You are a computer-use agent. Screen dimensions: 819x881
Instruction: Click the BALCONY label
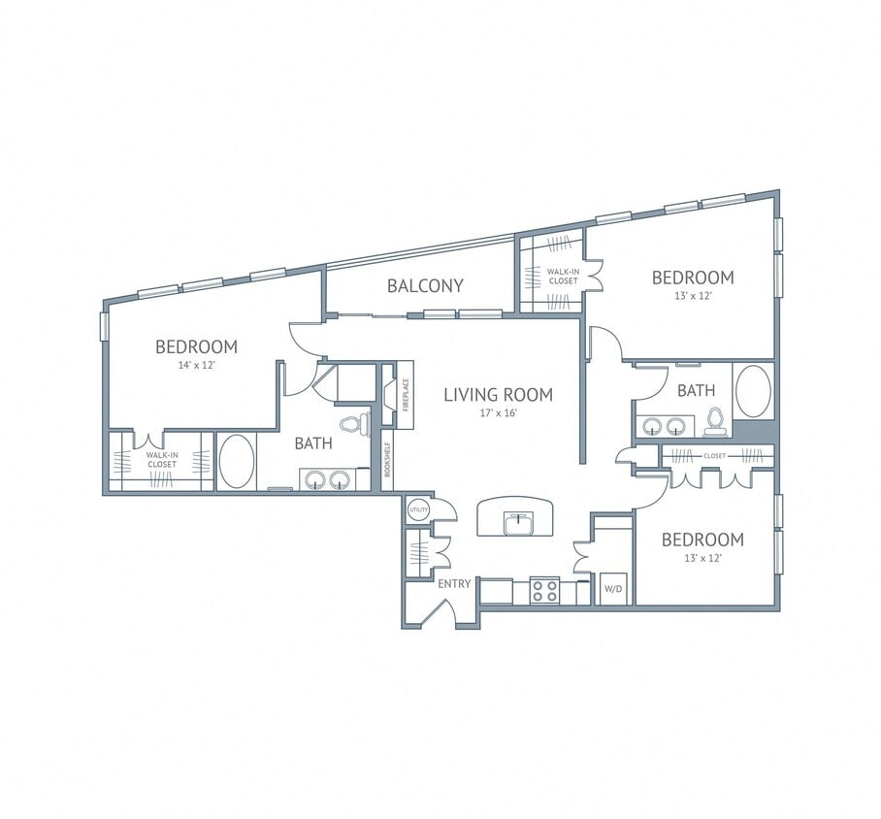click(425, 285)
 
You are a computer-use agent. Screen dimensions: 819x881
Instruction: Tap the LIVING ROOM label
click(498, 395)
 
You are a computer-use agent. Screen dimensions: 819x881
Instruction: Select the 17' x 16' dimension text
click(498, 413)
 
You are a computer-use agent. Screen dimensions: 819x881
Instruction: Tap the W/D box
click(612, 589)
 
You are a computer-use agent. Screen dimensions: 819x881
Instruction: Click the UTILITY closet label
click(418, 509)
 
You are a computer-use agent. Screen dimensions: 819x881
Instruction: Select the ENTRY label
click(454, 583)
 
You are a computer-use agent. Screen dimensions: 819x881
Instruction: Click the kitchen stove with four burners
click(544, 591)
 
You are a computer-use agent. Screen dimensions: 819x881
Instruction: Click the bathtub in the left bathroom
click(236, 461)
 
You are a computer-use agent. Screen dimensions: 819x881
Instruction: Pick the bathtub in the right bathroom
click(753, 391)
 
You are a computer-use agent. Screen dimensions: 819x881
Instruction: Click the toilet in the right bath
click(716, 420)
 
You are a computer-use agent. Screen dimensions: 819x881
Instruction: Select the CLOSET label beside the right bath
click(714, 454)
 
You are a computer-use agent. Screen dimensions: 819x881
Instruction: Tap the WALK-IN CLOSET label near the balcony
click(562, 277)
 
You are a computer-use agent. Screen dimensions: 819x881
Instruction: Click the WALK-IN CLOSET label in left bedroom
click(161, 459)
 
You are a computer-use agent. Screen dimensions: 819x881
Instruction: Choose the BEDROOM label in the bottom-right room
click(702, 540)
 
